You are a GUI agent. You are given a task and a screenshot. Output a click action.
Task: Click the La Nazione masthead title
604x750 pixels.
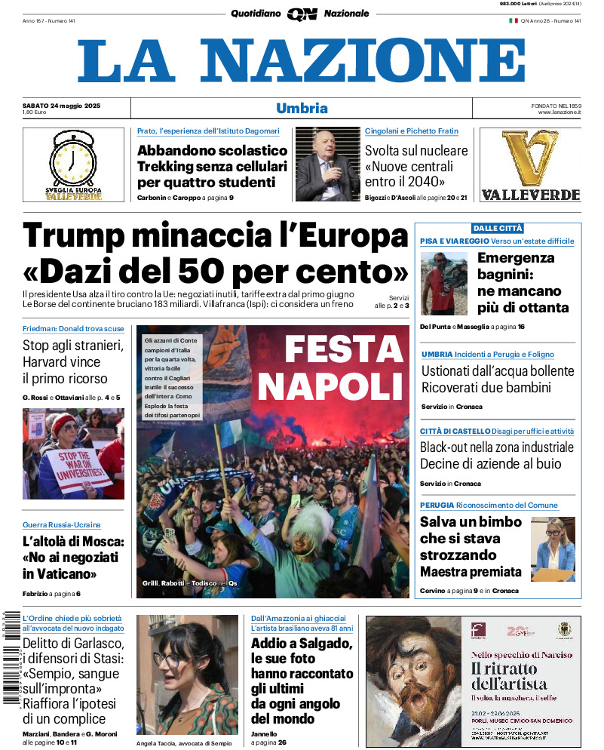302,60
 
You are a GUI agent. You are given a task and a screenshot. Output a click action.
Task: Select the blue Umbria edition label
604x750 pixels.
302,108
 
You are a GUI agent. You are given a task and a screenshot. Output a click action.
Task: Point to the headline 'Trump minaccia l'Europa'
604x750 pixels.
215,236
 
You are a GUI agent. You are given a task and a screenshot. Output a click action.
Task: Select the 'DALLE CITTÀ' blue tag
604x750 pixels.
497,228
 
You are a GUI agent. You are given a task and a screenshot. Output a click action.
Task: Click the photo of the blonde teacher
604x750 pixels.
552,549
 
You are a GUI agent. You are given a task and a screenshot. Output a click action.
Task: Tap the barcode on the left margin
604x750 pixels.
11,656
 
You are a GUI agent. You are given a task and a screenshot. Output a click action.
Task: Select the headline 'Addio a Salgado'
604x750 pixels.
302,644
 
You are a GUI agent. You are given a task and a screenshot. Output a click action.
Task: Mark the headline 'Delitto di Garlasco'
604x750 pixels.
73,644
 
